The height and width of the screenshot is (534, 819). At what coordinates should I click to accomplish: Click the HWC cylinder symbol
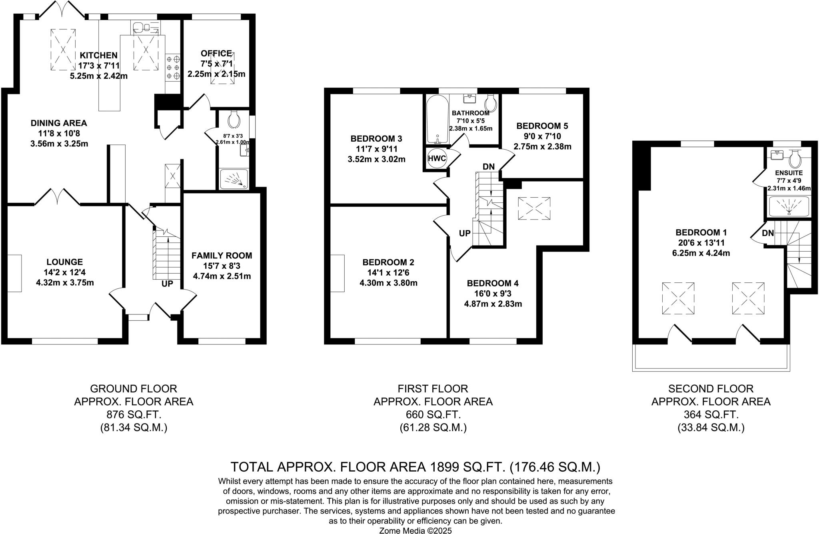437,158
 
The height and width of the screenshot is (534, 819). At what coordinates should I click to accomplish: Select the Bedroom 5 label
542,126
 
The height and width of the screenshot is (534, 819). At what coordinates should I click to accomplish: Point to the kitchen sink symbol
142,27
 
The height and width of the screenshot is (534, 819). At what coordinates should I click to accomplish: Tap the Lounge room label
65,262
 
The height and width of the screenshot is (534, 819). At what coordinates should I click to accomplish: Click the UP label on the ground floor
167,284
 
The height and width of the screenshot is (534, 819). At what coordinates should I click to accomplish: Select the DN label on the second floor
767,233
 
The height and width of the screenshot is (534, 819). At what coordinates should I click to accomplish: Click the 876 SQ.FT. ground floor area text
134,414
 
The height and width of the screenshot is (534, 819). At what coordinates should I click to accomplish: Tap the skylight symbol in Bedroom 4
534,208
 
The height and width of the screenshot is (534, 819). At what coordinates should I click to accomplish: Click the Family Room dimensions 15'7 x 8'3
222,266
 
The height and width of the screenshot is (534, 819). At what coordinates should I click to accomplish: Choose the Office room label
216,53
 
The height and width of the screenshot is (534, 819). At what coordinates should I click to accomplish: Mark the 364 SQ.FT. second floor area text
711,414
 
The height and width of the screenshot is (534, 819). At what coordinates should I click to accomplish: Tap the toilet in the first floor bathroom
490,103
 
